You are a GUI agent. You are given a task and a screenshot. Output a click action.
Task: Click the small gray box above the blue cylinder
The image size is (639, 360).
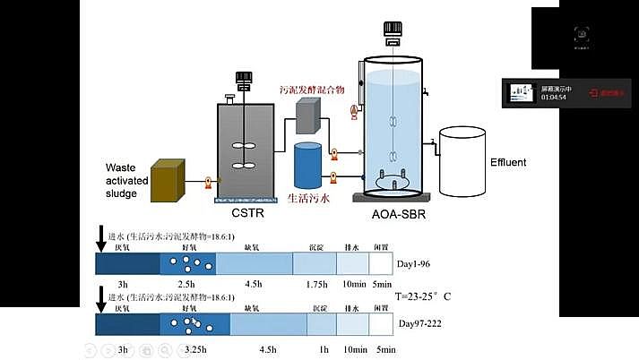coord(308,115)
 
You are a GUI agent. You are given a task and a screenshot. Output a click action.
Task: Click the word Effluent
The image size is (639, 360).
coord(508,162)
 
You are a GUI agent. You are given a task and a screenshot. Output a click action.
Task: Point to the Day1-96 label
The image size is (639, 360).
coord(417,263)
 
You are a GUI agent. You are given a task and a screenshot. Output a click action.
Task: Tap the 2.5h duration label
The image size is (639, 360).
coord(186,283)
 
